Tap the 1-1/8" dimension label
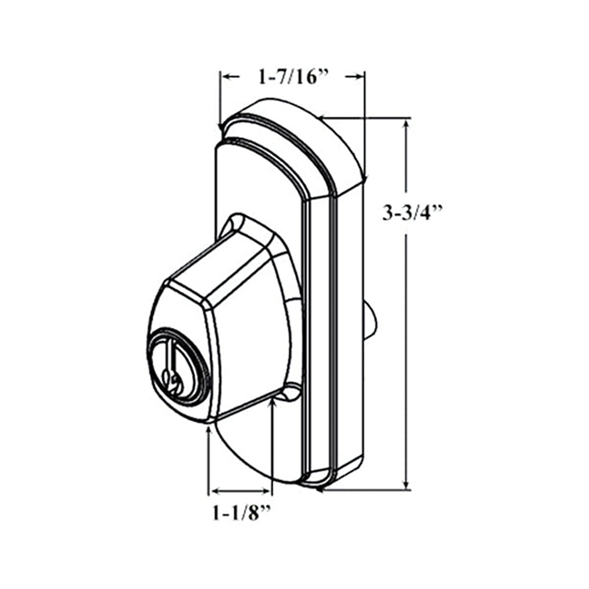241,513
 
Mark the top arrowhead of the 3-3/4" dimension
406,124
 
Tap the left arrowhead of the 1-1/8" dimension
213,491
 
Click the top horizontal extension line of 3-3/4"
365,118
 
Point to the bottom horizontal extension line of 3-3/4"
365,489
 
